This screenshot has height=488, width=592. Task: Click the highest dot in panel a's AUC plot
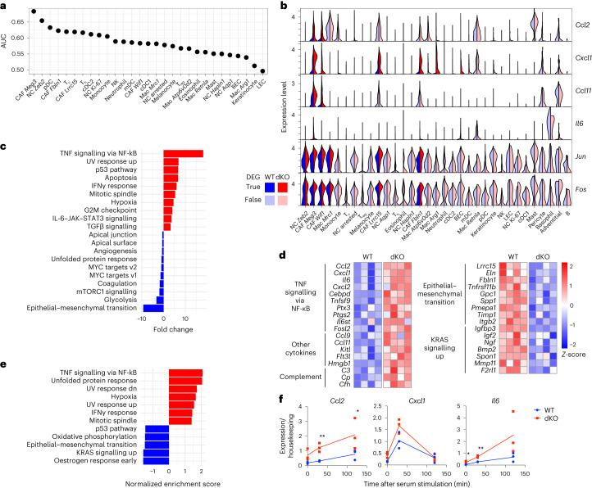(x=34, y=11)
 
